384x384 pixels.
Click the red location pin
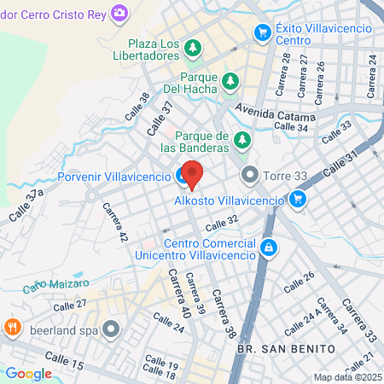point(192,173)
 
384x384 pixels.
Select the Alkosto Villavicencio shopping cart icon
point(297,200)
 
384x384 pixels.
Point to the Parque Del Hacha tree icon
point(230,81)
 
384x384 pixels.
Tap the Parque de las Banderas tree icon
point(243,139)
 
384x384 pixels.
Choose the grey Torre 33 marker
point(250,177)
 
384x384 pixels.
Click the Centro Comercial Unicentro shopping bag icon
point(270,247)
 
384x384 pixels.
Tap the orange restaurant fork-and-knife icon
point(12,327)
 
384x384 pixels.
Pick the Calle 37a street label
point(27,207)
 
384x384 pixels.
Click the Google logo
point(28,373)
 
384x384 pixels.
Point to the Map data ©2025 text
point(346,377)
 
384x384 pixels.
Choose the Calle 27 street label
point(70,305)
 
